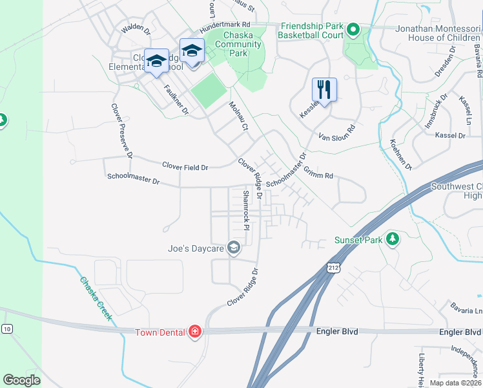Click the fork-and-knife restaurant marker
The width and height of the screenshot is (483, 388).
pos(324,91)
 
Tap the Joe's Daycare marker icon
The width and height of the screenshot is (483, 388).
pos(234,248)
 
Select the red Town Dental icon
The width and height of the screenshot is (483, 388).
pos(194,332)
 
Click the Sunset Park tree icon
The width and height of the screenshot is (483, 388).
pos(392,240)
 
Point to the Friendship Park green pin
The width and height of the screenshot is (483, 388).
pos(353,30)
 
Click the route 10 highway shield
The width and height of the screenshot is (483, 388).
pos(6,329)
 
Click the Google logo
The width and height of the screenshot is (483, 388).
pos(22,380)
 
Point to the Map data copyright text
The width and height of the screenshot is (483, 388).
pos(456,383)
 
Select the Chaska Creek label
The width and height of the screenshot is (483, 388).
pos(96,298)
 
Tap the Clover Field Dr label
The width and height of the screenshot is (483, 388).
pos(185,167)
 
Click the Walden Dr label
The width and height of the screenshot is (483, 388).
pos(136,29)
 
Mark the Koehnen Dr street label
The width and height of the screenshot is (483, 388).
pos(401,154)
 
